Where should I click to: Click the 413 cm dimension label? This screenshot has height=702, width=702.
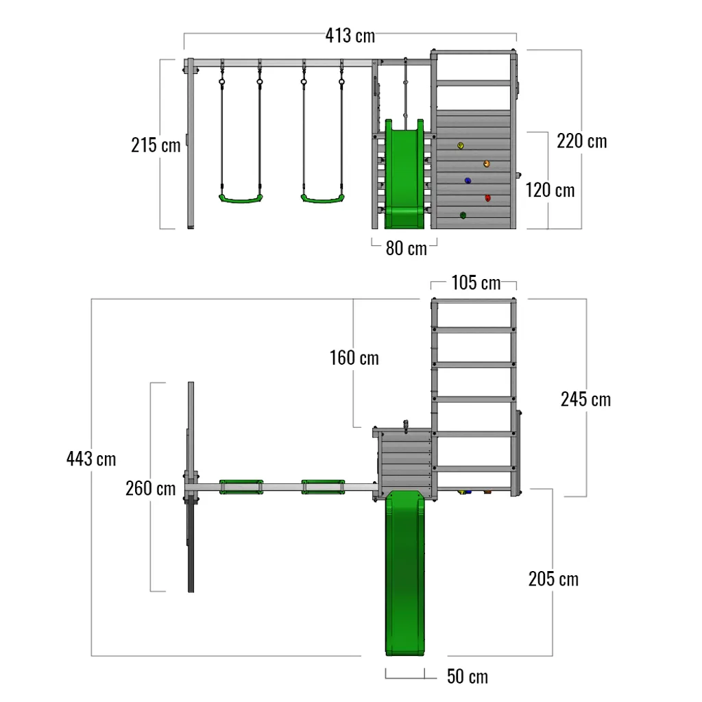tap(350, 36)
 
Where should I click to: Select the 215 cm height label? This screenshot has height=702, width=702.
tap(156, 145)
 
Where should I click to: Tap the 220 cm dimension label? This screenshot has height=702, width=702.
tap(581, 141)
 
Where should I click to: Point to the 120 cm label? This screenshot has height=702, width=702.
tap(550, 190)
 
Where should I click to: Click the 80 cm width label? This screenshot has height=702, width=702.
tap(406, 248)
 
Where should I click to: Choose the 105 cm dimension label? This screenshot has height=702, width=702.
tap(476, 282)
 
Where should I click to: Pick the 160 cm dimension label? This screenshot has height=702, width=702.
tap(354, 357)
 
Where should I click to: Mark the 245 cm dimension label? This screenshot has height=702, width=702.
tap(585, 399)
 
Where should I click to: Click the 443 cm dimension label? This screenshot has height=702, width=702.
tap(91, 458)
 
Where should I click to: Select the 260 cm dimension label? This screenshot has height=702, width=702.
tap(150, 489)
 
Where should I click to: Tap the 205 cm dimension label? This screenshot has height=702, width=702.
tap(553, 579)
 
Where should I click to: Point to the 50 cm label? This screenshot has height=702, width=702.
tap(468, 677)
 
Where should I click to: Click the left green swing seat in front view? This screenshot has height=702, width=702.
tap(241, 199)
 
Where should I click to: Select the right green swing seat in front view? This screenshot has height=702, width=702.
tap(322, 199)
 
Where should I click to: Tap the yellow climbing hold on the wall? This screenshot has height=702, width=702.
tap(461, 145)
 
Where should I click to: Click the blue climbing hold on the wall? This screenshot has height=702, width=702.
tap(468, 181)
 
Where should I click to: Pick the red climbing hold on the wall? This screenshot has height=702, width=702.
tap(488, 199)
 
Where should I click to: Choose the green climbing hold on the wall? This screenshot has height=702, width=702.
tap(463, 216)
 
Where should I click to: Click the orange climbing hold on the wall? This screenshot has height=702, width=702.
tap(487, 164)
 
